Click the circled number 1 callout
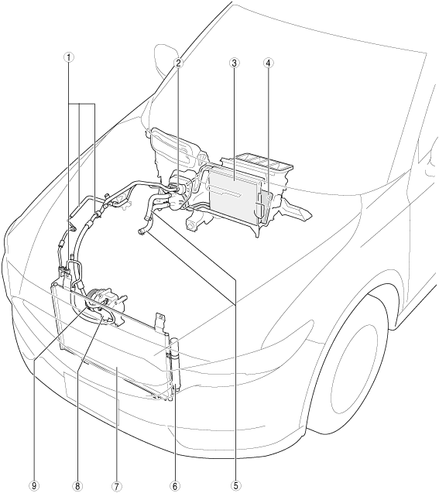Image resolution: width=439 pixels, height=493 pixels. pyautogui.click(x=69, y=57)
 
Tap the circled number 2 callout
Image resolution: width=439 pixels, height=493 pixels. pyautogui.click(x=178, y=63)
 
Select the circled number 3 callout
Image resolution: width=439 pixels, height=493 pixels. pyautogui.click(x=235, y=63)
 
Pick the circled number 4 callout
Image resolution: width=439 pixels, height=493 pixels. pyautogui.click(x=268, y=63)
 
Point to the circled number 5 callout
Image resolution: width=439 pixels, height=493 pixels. pyautogui.click(x=235, y=485)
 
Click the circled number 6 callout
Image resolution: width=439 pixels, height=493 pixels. pyautogui.click(x=176, y=485)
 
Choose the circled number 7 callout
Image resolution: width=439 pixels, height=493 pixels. pyautogui.click(x=117, y=485)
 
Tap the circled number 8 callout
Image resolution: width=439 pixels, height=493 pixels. pyautogui.click(x=77, y=485)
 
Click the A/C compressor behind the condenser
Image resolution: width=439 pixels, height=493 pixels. pyautogui.click(x=105, y=301)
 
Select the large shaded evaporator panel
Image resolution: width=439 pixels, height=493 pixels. pyautogui.click(x=233, y=195)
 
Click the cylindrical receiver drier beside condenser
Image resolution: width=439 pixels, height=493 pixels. pyautogui.click(x=174, y=361)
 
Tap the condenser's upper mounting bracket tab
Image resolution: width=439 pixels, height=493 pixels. pyautogui.click(x=160, y=321)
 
